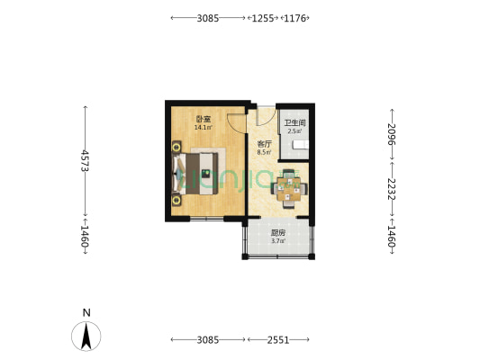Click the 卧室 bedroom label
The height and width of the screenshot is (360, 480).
point(204,119)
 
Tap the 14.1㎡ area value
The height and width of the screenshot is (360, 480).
point(204,127)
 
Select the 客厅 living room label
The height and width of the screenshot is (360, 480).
point(264,144)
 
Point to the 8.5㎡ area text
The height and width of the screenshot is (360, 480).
point(264,152)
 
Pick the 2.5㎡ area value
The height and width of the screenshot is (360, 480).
point(294,131)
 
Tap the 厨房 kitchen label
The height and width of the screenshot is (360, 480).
point(279,232)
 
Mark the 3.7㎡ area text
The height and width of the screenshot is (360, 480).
point(279,240)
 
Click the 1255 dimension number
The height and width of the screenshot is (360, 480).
point(263,17)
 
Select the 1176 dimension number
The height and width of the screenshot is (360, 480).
point(296,17)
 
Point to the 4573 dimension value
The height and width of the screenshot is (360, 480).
point(85,159)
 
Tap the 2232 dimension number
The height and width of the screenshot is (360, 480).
point(392,189)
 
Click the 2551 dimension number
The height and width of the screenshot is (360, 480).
point(279,339)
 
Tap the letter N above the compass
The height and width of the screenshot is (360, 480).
point(86,313)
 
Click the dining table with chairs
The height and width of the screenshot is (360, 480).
point(289,187)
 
